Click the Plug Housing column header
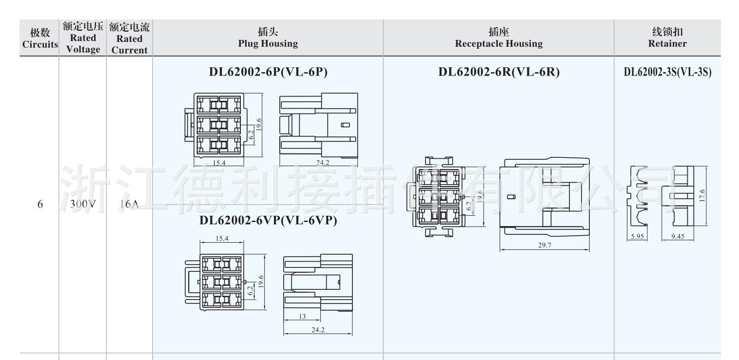268,38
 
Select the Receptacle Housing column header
499,38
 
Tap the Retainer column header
667,38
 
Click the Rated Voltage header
83,38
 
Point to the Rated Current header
129,38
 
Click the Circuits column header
40,38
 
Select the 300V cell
83,204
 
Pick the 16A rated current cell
129,204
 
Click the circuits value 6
40,205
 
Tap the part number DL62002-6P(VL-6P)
268,72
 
